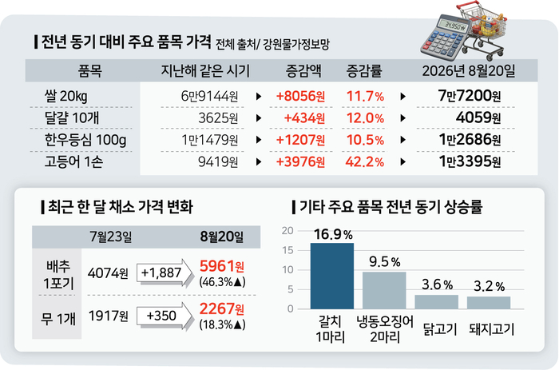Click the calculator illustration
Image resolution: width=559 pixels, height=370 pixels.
click(x=444, y=38)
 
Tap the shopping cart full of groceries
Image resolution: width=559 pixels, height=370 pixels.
click(x=483, y=30)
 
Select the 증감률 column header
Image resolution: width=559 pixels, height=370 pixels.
click(x=364, y=71)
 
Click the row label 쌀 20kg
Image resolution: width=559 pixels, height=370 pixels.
click(x=66, y=97)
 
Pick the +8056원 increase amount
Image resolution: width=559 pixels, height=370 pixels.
click(x=300, y=97)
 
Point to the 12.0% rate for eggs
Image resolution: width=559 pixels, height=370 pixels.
click(x=365, y=118)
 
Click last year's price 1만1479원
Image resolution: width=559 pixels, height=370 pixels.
click(x=209, y=140)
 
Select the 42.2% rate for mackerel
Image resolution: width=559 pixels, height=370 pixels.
click(x=365, y=162)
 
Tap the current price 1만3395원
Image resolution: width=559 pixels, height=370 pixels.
click(x=470, y=161)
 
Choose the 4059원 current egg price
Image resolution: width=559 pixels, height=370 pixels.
click(x=478, y=117)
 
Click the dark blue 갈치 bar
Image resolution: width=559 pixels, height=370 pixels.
click(x=332, y=276)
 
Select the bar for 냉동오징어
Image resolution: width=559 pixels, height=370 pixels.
click(x=384, y=290)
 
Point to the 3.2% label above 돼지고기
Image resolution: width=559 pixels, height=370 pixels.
click(x=489, y=286)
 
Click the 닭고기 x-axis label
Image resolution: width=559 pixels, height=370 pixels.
click(x=440, y=329)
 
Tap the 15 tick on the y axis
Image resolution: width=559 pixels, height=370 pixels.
click(x=287, y=250)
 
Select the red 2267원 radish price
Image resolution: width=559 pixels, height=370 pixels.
click(x=222, y=308)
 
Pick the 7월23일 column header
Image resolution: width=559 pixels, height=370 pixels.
click(x=111, y=237)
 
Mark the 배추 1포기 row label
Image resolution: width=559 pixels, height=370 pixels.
click(x=58, y=275)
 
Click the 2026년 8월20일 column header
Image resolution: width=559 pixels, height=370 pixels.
click(x=469, y=71)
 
